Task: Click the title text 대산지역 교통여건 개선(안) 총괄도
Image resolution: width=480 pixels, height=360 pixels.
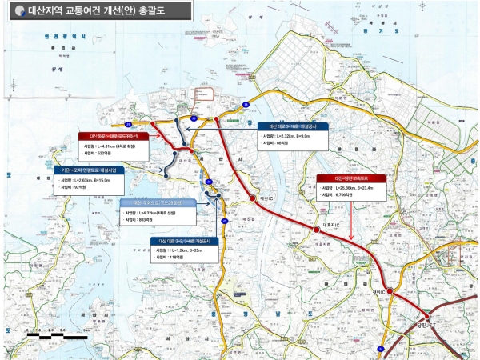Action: point(96,11)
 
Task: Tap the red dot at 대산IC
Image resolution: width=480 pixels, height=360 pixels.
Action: point(254,197)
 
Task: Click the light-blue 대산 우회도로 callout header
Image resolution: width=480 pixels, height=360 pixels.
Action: point(151,203)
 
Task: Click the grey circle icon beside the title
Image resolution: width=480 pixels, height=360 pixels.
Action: point(17,11)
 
